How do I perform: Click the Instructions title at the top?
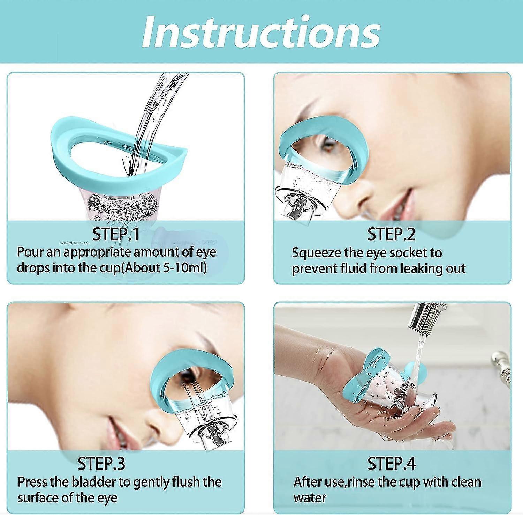pos(261,32)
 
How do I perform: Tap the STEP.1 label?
pos(116,234)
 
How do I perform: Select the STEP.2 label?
pos(391,234)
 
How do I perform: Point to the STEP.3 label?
pos(101,463)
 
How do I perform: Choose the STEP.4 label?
pos(391,463)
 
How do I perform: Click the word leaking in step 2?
pos(420,268)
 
